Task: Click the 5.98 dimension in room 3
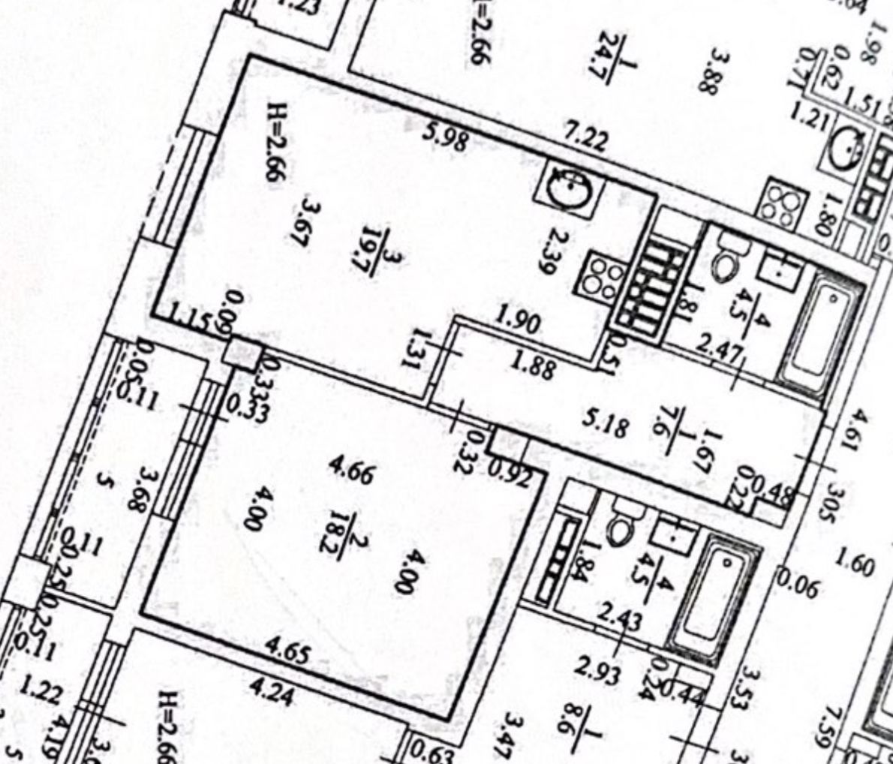coord(447,138)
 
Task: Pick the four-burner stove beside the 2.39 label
coord(600,277)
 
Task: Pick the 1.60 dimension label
coord(855,562)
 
